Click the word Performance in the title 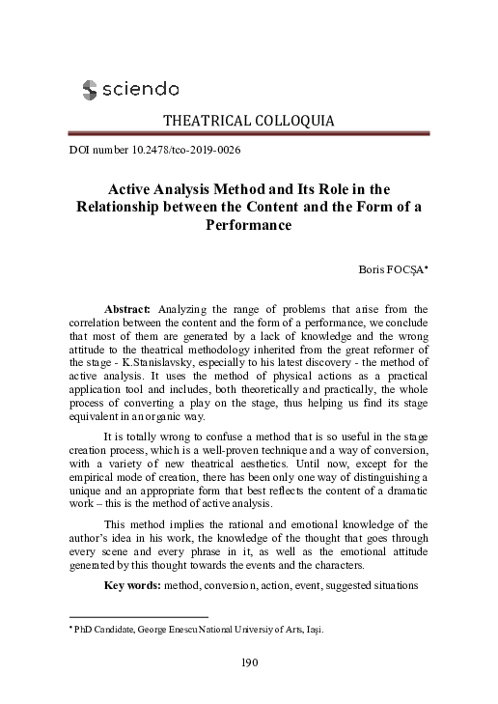tap(248, 224)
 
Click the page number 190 tap(248, 662)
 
